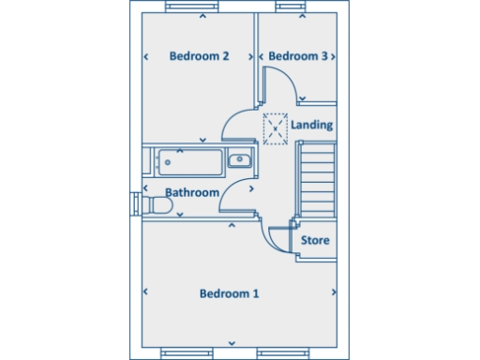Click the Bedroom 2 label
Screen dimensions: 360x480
[x=199, y=56]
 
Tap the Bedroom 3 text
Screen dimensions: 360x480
[x=298, y=56]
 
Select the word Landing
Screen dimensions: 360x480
[x=312, y=125]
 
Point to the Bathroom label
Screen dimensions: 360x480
[x=192, y=193]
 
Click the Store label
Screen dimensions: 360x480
[x=315, y=241]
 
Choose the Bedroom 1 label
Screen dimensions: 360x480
[x=229, y=293]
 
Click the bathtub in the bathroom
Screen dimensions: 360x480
[x=190, y=160]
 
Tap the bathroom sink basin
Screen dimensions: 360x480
[x=240, y=159]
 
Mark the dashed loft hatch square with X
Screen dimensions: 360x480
[x=276, y=128]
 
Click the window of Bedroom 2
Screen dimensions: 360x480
[x=198, y=7]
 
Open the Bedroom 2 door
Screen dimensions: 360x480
[x=238, y=123]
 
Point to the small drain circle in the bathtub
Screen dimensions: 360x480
[x=167, y=161]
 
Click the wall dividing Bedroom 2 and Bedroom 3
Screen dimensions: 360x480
[x=256, y=56]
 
